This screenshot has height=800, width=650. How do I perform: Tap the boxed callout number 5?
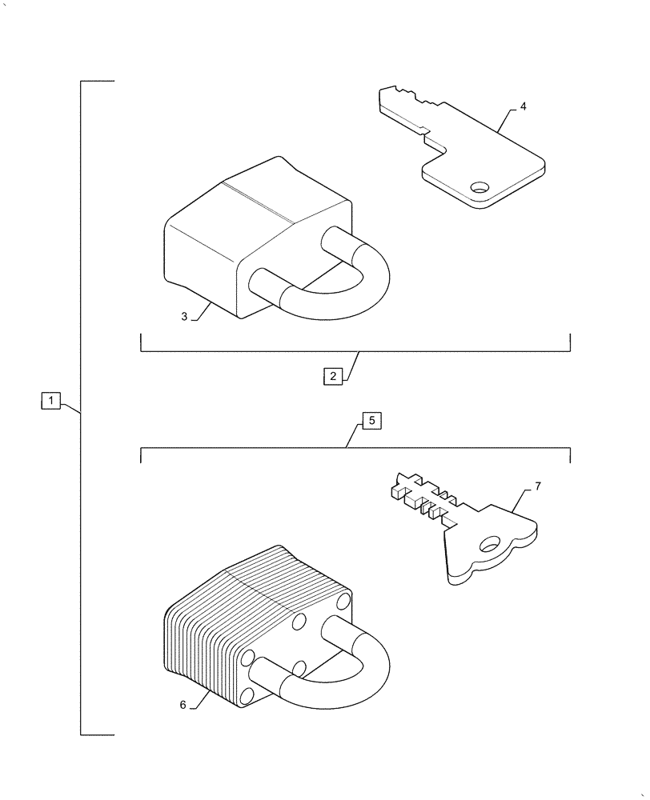372,420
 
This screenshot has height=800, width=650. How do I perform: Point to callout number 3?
184,317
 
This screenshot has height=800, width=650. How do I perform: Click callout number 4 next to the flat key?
523,106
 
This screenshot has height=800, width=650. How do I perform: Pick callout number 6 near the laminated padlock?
183,705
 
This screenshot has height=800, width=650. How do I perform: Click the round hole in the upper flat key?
479,188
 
